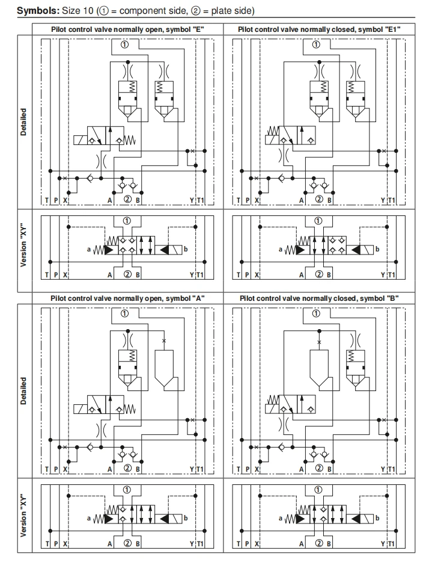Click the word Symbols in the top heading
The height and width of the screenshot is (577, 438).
click(x=33, y=11)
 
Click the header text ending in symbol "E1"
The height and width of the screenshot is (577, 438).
click(x=318, y=28)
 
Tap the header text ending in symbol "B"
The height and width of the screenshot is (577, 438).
click(x=318, y=298)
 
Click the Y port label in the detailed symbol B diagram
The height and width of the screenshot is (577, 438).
click(x=383, y=469)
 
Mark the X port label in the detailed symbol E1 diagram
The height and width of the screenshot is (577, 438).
click(x=257, y=200)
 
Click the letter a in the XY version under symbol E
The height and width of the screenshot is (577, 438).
click(x=89, y=248)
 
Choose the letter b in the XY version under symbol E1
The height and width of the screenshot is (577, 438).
click(x=377, y=248)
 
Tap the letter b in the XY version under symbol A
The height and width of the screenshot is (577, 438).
click(x=186, y=517)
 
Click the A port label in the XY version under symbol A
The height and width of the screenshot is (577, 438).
click(x=110, y=544)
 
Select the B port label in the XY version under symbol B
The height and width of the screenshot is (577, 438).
click(x=329, y=544)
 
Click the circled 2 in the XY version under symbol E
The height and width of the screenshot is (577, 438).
click(x=127, y=274)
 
